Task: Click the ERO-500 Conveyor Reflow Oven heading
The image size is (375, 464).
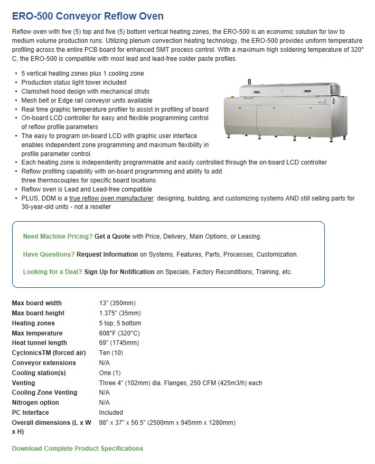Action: pyautogui.click(x=88, y=16)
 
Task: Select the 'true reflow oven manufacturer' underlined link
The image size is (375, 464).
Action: pyautogui.click(x=111, y=198)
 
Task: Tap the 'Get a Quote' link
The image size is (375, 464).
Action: pyautogui.click(x=112, y=236)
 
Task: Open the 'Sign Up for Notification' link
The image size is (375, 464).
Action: pyautogui.click(x=119, y=272)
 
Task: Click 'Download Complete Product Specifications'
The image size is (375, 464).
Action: pyautogui.click(x=78, y=449)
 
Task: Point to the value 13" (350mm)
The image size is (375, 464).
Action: pyautogui.click(x=117, y=303)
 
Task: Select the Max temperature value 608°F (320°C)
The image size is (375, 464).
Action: pyautogui.click(x=119, y=333)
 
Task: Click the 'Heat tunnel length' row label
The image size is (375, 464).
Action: pyautogui.click(x=40, y=343)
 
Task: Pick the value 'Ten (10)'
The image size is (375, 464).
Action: pyautogui.click(x=111, y=353)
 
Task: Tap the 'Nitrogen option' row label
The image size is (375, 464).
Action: pyautogui.click(x=35, y=403)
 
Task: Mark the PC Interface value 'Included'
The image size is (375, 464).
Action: pyautogui.click(x=111, y=413)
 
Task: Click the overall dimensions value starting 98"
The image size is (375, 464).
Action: pyautogui.click(x=167, y=423)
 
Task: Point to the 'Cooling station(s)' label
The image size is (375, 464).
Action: pyautogui.click(x=39, y=373)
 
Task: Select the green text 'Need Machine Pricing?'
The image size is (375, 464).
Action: pyautogui.click(x=58, y=236)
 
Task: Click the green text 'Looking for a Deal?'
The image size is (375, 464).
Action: pyautogui.click(x=52, y=272)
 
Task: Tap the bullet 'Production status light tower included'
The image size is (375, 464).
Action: pyautogui.click(x=74, y=83)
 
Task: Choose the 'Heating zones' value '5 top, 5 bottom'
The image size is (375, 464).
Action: pyautogui.click(x=120, y=323)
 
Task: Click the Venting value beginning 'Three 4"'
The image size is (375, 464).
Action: pyautogui.click(x=180, y=383)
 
